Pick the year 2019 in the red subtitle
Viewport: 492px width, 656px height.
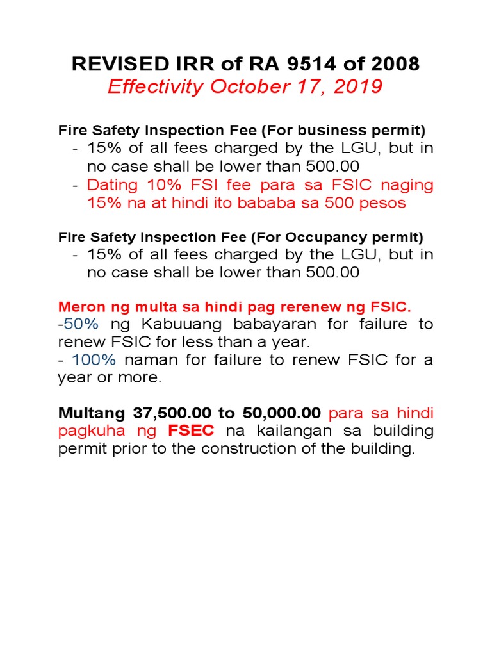click(359, 87)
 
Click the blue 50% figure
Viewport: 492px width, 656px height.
click(81, 324)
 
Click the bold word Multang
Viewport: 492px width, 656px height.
click(90, 411)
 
